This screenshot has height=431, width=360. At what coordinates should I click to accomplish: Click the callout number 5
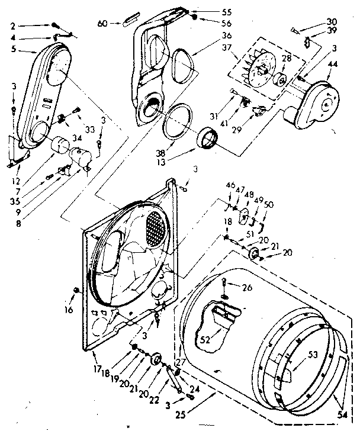pos(14,50)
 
